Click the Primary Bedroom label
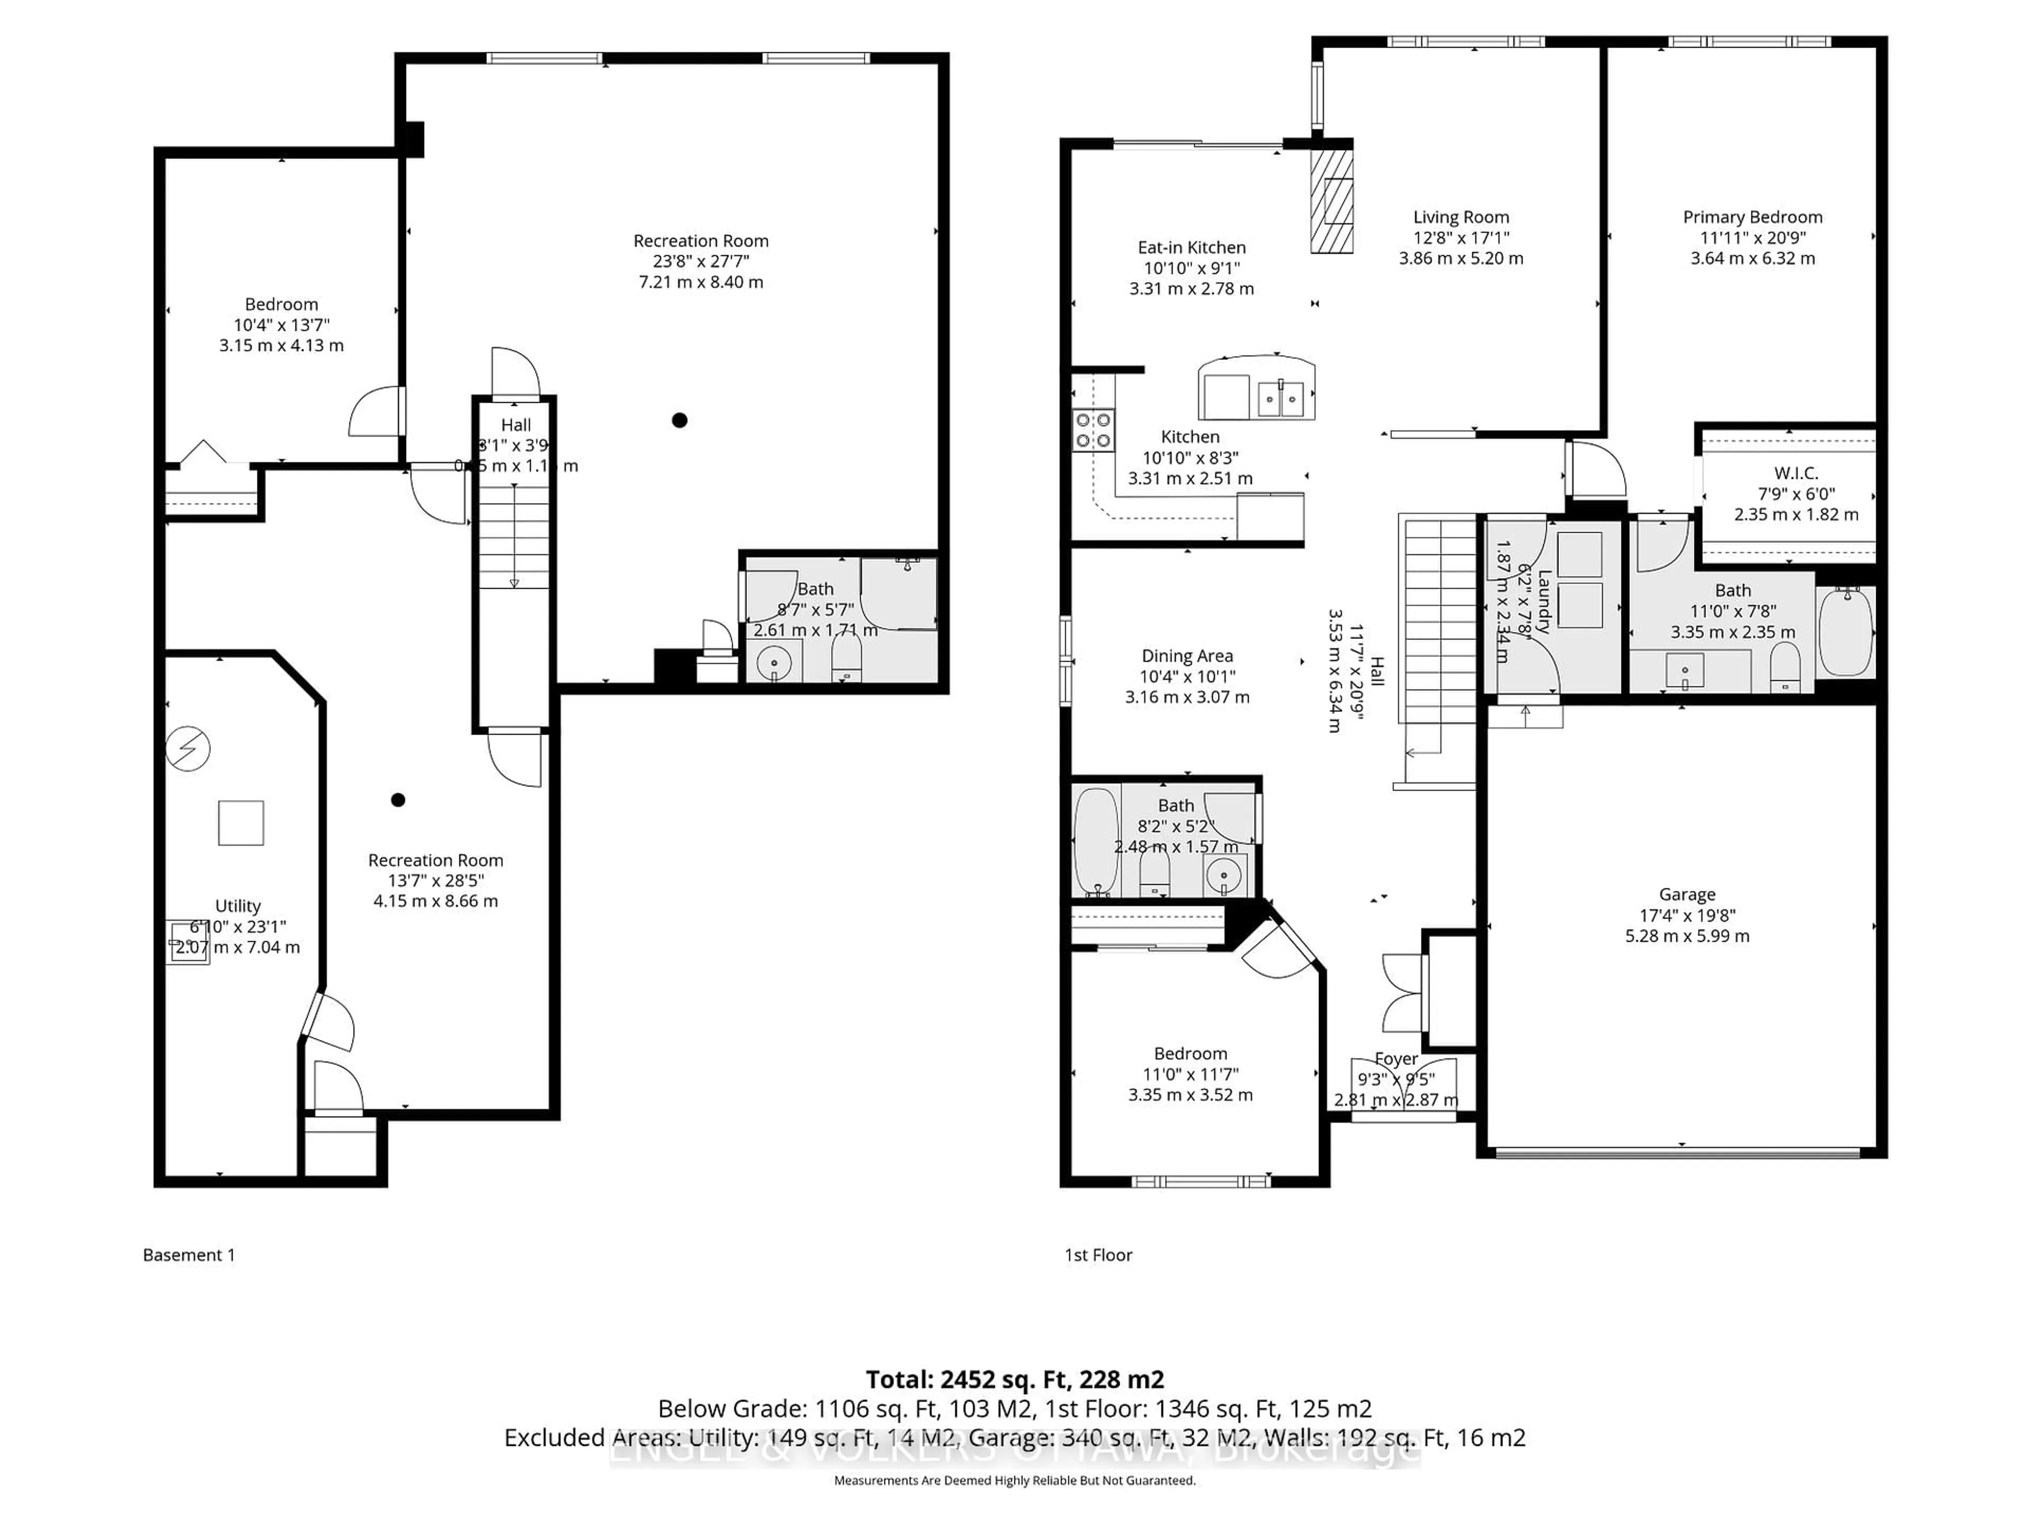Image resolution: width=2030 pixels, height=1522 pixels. (1752, 217)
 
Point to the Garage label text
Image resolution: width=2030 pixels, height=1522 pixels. (1687, 895)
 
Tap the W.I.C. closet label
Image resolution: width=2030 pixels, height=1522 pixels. (1796, 474)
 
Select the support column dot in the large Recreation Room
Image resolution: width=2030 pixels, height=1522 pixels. (679, 420)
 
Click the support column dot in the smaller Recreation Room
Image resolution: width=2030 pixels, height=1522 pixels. (398, 800)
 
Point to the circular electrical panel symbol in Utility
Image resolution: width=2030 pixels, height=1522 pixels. (188, 749)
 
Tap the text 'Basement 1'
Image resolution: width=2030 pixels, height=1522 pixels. (189, 1255)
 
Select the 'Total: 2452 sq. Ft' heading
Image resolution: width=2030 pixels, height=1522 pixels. (1014, 1380)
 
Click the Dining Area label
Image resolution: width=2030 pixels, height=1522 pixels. (1187, 656)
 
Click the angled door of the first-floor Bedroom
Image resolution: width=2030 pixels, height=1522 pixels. (1278, 950)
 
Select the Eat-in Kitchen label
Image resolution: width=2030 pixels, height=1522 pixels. (1191, 248)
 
